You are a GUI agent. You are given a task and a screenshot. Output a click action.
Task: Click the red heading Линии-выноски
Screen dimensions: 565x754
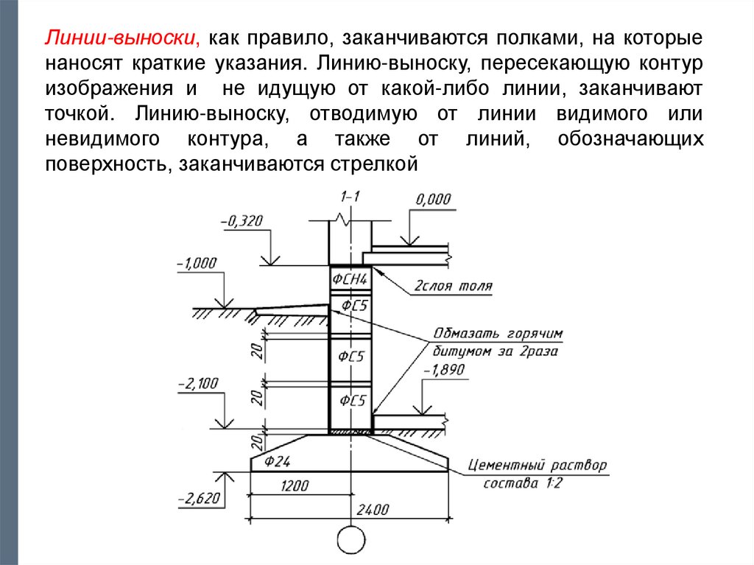(x=122, y=38)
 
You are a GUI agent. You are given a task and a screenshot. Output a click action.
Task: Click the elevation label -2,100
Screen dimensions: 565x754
(x=197, y=384)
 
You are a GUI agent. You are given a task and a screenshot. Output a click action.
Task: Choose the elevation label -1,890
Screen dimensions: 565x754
(x=445, y=371)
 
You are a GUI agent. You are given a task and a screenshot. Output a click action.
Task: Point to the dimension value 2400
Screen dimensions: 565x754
(x=373, y=510)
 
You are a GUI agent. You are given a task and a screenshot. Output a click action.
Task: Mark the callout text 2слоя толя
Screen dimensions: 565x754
(x=454, y=287)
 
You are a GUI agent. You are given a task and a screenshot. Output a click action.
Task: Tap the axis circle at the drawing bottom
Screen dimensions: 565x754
(x=350, y=538)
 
